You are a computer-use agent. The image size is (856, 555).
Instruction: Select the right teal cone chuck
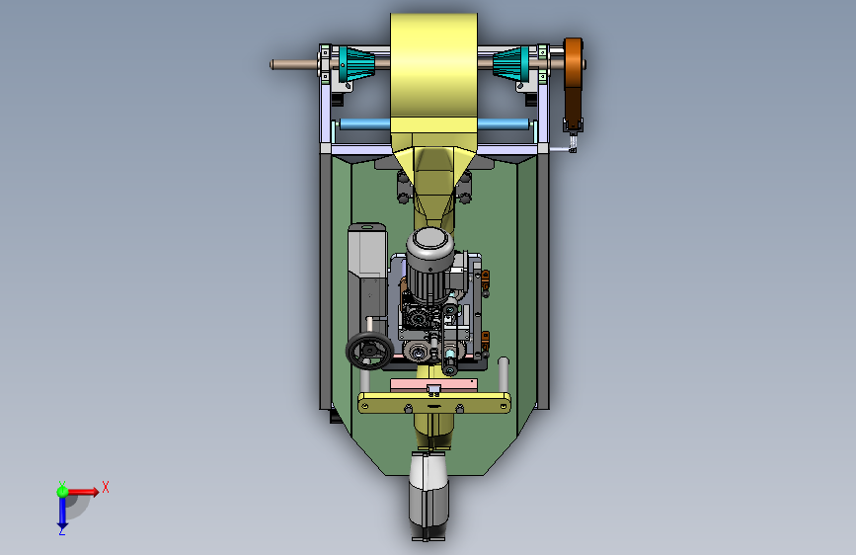point(511,64)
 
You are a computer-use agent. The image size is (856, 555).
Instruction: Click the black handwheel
point(369,352)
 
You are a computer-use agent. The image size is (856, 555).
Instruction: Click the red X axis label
point(106,487)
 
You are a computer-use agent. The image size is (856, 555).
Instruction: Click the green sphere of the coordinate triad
point(62,491)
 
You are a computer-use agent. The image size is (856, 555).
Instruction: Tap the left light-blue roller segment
point(364,124)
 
